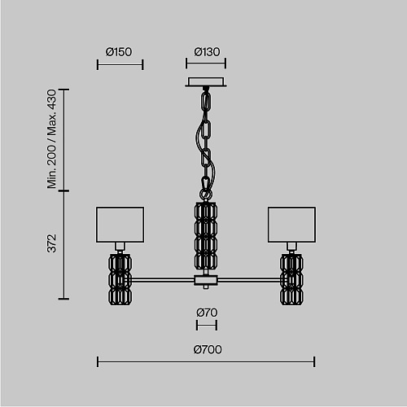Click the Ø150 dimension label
point(119,52)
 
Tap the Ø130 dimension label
point(207,52)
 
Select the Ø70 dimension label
point(207,313)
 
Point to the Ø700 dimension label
point(208,349)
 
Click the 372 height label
point(51,243)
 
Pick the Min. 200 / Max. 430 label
point(51,138)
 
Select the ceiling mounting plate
point(206,82)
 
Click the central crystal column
point(206,236)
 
